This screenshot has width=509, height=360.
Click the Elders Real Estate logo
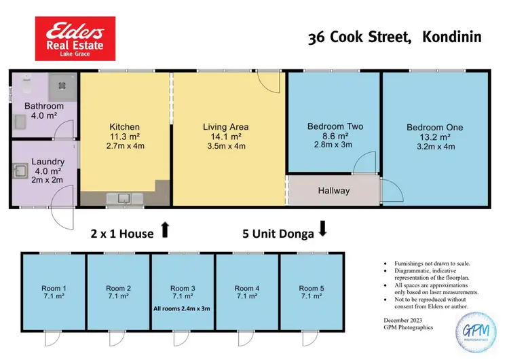pos(75,39)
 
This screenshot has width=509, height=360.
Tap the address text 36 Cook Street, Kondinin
pos(394,37)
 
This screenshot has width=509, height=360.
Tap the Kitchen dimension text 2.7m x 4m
pos(125,145)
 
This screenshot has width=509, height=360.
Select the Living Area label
pos(225,127)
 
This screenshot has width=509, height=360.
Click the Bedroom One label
pos(435,127)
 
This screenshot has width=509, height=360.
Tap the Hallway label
pos(334,191)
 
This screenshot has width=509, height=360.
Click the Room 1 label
pos(54,289)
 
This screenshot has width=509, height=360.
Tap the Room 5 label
pos(312,289)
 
